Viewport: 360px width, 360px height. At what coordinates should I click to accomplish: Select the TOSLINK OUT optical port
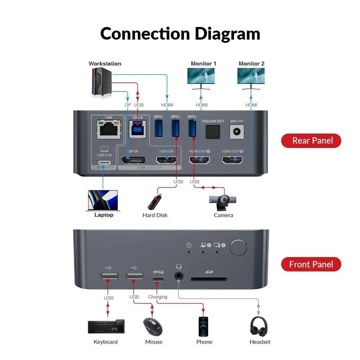coord(212,133)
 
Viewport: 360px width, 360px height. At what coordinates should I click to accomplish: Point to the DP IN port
coord(133,160)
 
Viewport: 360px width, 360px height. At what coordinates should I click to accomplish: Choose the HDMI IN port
coord(166,160)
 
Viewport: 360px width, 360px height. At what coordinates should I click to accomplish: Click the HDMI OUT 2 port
coord(232,160)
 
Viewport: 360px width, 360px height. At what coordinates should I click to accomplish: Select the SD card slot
coord(209,279)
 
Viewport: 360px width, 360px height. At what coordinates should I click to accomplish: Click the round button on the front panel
coord(238,248)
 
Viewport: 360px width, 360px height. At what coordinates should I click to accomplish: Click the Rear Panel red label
coord(311,140)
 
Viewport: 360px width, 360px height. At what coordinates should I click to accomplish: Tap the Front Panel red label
coord(311,265)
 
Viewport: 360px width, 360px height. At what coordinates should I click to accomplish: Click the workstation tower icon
coord(102,82)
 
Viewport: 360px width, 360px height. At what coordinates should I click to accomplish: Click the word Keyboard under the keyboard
coord(105,342)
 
